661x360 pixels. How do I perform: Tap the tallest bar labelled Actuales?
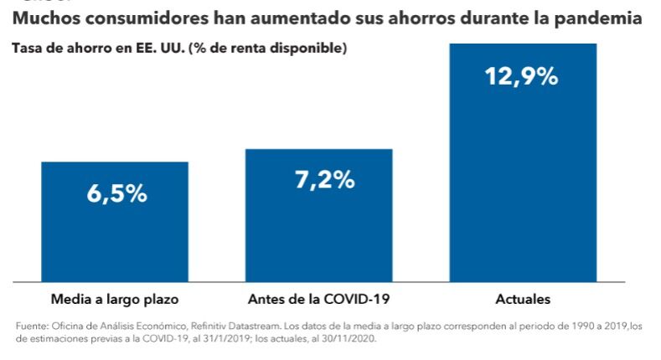point(523,184)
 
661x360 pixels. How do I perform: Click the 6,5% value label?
point(116,193)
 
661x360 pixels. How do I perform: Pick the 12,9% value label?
point(521,76)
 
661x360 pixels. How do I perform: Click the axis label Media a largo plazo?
point(115,299)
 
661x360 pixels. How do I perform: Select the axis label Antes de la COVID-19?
point(320,299)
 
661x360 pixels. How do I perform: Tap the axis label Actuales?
point(523,299)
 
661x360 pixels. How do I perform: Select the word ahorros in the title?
point(398,18)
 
